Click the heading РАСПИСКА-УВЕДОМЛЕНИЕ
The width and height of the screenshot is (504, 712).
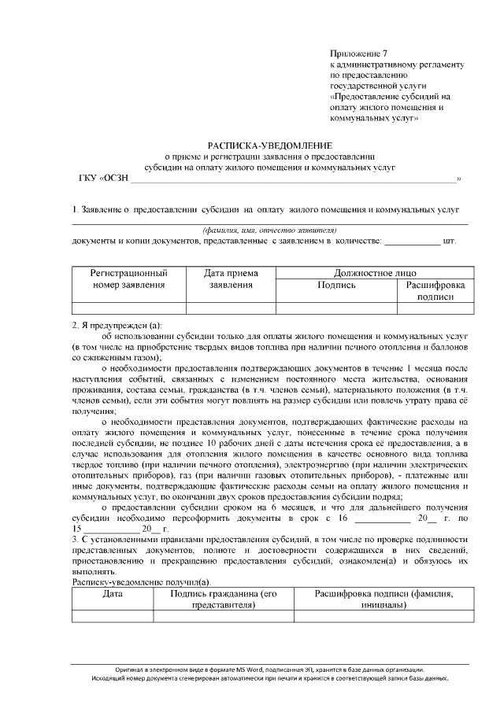(270, 146)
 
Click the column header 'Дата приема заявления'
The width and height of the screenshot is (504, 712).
(231, 279)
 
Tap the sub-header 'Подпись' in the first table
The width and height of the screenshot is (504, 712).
(336, 285)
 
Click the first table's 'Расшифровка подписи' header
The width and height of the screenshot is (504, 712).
(435, 290)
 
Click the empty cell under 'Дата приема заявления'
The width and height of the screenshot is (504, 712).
(231, 308)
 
